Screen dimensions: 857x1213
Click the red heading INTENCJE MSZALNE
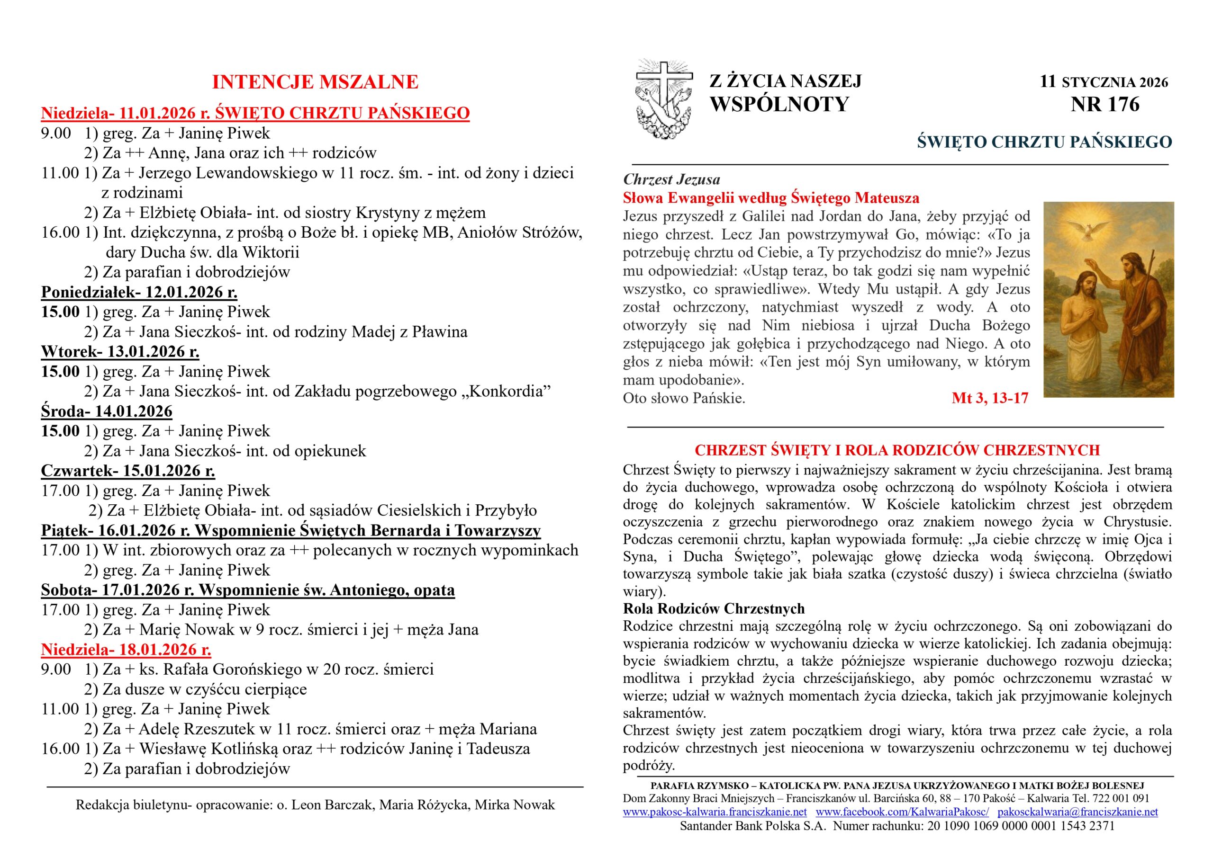coord(315,82)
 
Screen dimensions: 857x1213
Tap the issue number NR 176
coord(1104,105)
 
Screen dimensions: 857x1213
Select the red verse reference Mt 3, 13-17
coord(989,398)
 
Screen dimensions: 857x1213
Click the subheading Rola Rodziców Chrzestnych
coord(714,609)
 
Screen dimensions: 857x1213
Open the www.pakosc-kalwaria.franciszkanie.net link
coord(714,812)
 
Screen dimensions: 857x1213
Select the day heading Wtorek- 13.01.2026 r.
coord(120,352)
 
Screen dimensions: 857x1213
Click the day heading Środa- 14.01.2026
coord(107,411)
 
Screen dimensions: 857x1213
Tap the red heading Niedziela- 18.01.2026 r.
coord(126,650)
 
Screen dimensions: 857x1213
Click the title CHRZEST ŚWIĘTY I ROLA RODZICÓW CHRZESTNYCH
coord(897,450)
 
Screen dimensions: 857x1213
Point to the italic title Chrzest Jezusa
coord(671,179)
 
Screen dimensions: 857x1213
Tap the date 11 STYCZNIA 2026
coord(1104,82)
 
